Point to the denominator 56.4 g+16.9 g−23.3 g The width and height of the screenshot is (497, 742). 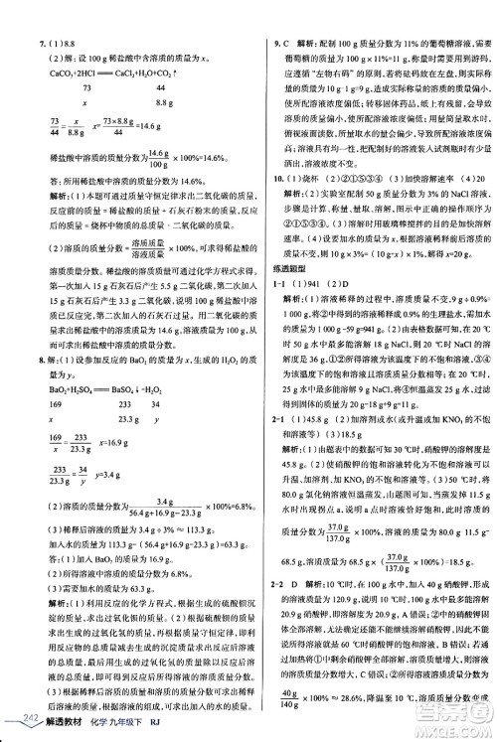pyautogui.click(x=155, y=543)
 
